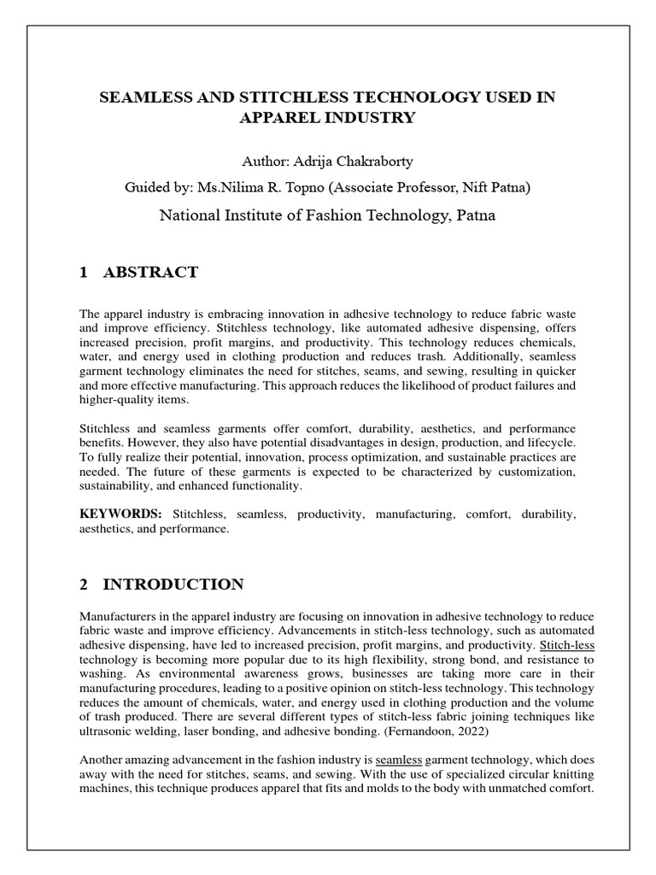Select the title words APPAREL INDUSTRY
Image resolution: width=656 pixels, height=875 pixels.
(327, 118)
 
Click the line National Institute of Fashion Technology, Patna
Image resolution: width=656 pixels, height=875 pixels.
(327, 215)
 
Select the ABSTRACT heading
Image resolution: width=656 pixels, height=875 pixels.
(150, 273)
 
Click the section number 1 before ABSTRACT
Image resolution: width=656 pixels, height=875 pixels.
(84, 273)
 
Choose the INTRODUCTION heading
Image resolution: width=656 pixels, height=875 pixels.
(173, 584)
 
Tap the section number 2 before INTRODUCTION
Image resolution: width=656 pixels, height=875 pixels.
(84, 584)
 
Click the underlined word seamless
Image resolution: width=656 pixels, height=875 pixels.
(399, 759)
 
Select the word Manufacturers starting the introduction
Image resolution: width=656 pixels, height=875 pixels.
(118, 616)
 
